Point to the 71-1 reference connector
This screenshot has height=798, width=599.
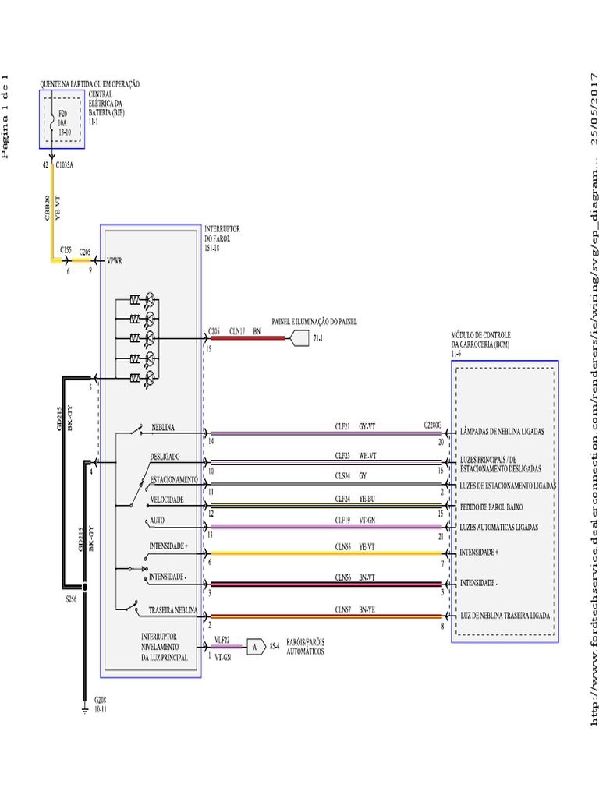299,339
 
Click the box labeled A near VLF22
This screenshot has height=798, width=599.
254,645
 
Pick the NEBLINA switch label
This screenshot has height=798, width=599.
163,428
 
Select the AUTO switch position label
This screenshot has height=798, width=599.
158,520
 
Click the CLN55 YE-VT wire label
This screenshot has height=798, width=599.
356,547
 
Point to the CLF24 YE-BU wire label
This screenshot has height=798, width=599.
356,498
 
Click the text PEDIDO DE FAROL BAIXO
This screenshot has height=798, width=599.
498,507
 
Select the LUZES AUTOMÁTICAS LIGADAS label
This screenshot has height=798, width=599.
499,528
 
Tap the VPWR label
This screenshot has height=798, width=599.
115,261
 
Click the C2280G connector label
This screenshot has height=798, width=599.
433,425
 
